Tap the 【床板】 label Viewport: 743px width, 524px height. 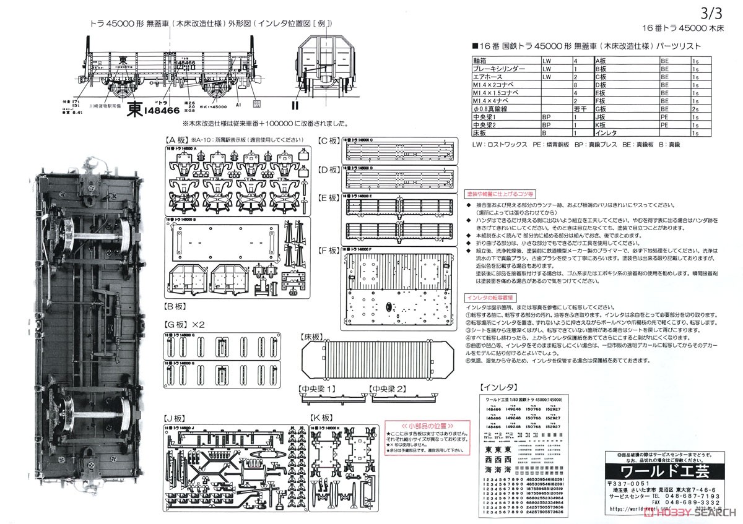(x=311, y=337)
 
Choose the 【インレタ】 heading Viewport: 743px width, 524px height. (x=499, y=387)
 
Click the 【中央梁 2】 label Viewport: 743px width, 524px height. (x=388, y=389)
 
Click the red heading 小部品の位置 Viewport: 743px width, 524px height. (x=424, y=426)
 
